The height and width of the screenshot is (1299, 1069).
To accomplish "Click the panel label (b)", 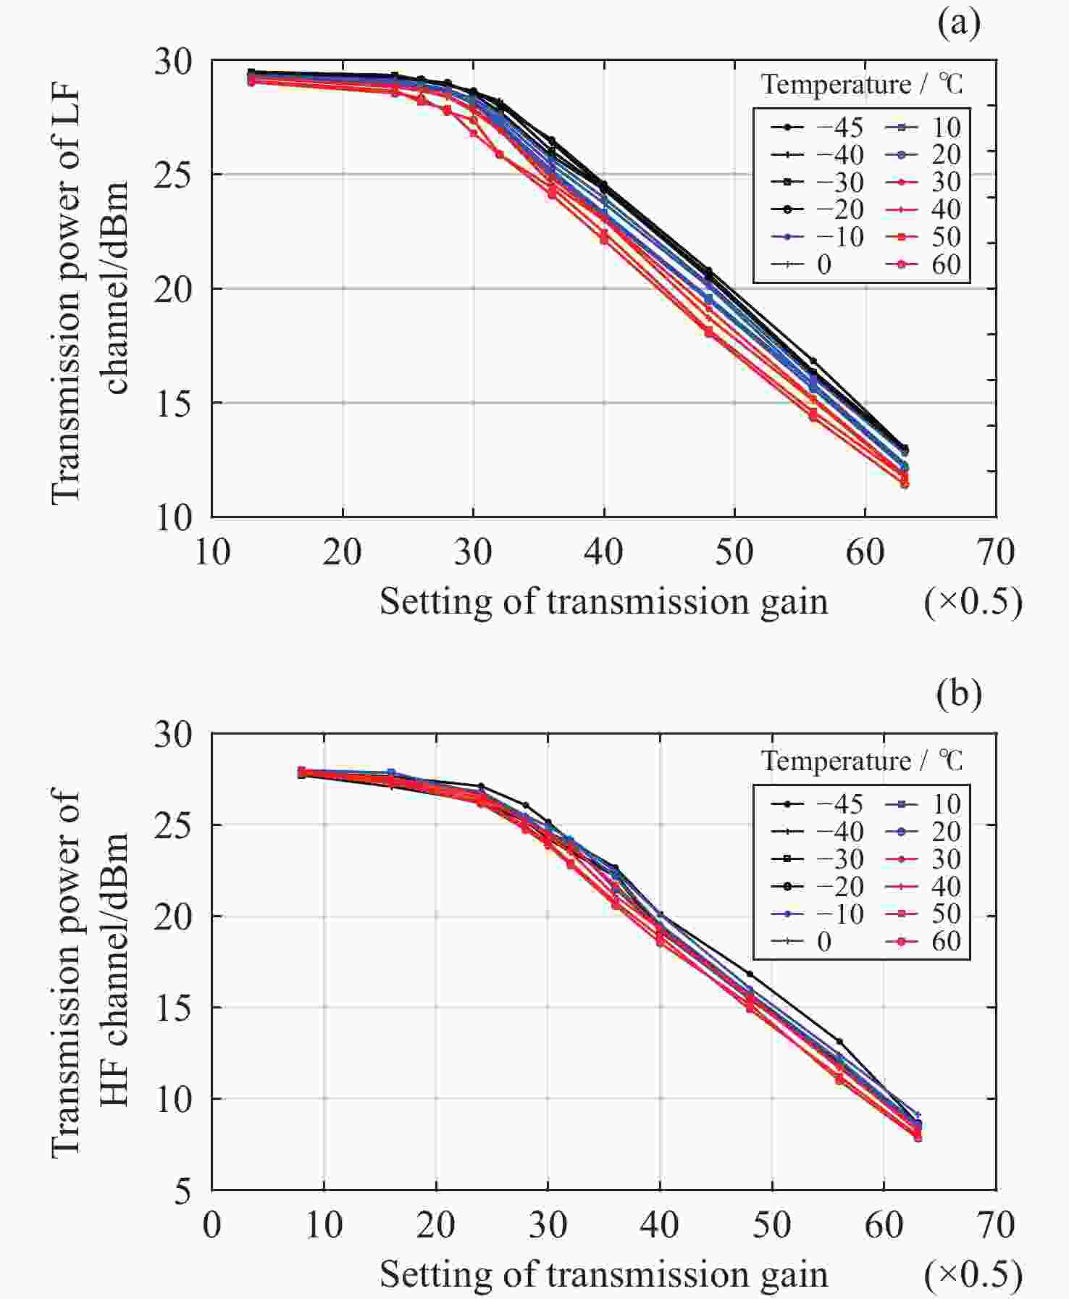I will tap(958, 693).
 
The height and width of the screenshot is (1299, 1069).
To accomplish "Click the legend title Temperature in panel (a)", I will tap(836, 85).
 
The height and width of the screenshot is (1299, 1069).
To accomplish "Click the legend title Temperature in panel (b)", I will tap(836, 761).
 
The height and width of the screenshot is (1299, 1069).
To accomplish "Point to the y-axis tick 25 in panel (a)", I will tap(174, 175).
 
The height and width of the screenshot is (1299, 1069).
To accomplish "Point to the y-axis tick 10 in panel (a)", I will tap(174, 517).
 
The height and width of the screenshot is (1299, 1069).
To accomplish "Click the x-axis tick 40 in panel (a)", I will tap(603, 553).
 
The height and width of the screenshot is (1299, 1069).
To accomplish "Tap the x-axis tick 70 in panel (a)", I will tap(995, 553).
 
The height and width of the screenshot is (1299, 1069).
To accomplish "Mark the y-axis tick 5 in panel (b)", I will tap(184, 1190).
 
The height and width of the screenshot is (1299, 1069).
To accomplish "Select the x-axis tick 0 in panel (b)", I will tap(211, 1225).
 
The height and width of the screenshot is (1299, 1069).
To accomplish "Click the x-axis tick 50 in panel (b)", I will tap(771, 1225).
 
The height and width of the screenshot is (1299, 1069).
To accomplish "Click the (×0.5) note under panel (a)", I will tap(973, 601).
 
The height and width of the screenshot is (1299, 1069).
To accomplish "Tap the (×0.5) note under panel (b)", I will tap(973, 1274).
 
